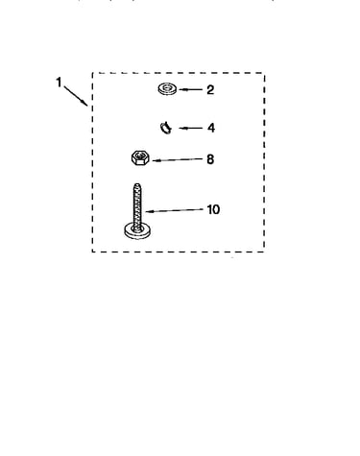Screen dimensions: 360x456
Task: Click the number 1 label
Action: point(59,83)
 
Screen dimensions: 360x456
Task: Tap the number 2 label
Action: point(210,90)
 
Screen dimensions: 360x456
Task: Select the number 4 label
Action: point(211,128)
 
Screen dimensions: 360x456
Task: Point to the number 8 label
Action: point(210,159)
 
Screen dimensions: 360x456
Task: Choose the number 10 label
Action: point(213,209)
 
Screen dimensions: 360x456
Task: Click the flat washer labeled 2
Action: point(167,88)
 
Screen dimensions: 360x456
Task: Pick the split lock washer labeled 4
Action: point(166,128)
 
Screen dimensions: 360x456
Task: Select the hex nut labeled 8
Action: point(140,157)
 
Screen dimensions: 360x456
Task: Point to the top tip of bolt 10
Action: point(137,183)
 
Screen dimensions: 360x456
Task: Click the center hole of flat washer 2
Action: point(167,86)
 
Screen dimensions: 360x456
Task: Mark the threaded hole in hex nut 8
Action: point(139,156)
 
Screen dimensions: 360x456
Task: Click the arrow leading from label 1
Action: point(76,95)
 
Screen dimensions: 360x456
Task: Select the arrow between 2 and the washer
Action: point(191,89)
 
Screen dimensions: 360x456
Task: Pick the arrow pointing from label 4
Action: point(191,128)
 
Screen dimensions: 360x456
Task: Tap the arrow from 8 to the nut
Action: point(178,159)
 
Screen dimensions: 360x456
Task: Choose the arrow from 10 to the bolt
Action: point(175,210)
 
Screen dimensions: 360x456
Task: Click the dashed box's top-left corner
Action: point(92,73)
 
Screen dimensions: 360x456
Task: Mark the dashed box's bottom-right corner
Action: point(264,252)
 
